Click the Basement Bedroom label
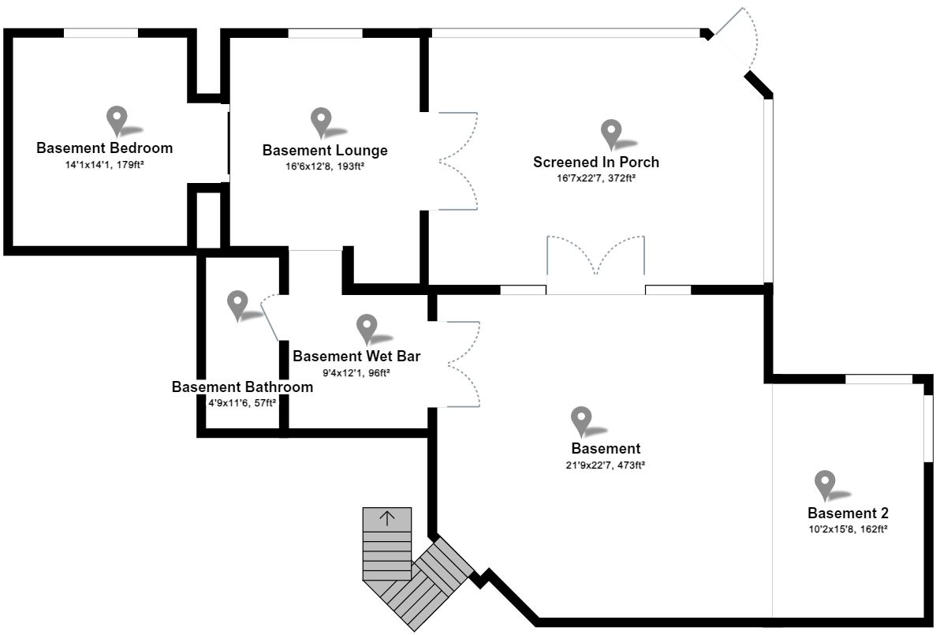[104, 148]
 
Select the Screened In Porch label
[596, 162]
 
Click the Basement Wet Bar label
[356, 356]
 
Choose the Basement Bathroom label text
[242, 387]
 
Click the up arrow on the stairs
[387, 518]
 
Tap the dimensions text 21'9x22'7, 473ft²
[605, 465]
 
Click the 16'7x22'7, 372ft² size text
[596, 178]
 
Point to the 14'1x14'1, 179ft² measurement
[104, 164]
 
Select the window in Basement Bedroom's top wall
[100, 33]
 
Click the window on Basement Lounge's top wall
[325, 33]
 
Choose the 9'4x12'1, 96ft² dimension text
[356, 372]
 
